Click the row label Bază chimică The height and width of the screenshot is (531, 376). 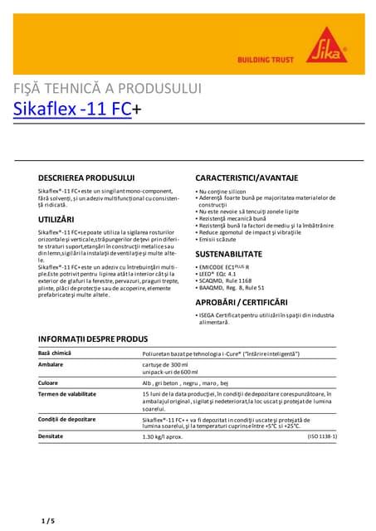point(56,353)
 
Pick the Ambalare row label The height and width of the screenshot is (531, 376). point(51,364)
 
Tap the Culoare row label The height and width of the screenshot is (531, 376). point(50,382)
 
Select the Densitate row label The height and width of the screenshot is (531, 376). point(51,436)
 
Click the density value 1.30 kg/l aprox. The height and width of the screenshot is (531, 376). point(163,436)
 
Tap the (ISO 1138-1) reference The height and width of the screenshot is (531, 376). point(323,436)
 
